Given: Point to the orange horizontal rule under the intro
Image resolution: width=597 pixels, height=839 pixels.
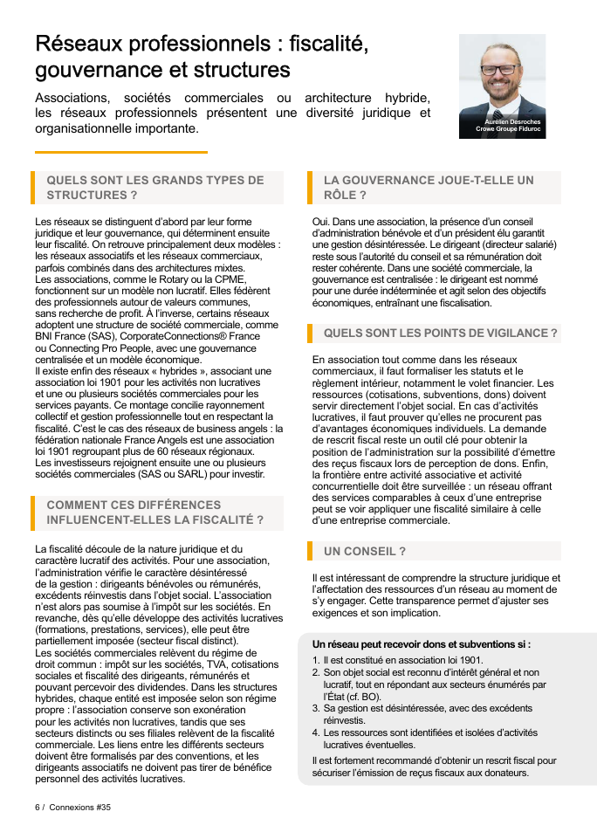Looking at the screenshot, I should click(121, 152).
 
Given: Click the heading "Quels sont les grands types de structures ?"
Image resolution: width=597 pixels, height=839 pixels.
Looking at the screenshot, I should click(155, 188).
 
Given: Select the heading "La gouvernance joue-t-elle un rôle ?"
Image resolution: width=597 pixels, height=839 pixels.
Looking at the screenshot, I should click(429, 188).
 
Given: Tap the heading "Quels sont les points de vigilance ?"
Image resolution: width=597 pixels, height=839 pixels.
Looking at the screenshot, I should click(440, 334).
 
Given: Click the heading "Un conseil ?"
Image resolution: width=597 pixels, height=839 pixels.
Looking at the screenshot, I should click(365, 552).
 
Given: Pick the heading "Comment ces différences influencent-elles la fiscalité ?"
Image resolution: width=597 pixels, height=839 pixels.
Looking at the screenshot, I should click(155, 512).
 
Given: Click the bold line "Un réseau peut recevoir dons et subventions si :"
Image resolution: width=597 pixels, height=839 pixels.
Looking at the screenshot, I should click(422, 644).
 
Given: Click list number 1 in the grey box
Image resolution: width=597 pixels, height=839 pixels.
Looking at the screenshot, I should click(315, 660).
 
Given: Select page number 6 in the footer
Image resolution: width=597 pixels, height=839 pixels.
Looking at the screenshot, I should click(38, 808).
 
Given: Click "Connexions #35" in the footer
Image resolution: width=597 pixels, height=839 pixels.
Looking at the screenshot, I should click(80, 808).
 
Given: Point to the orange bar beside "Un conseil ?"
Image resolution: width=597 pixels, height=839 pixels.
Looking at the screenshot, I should click(310, 552).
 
